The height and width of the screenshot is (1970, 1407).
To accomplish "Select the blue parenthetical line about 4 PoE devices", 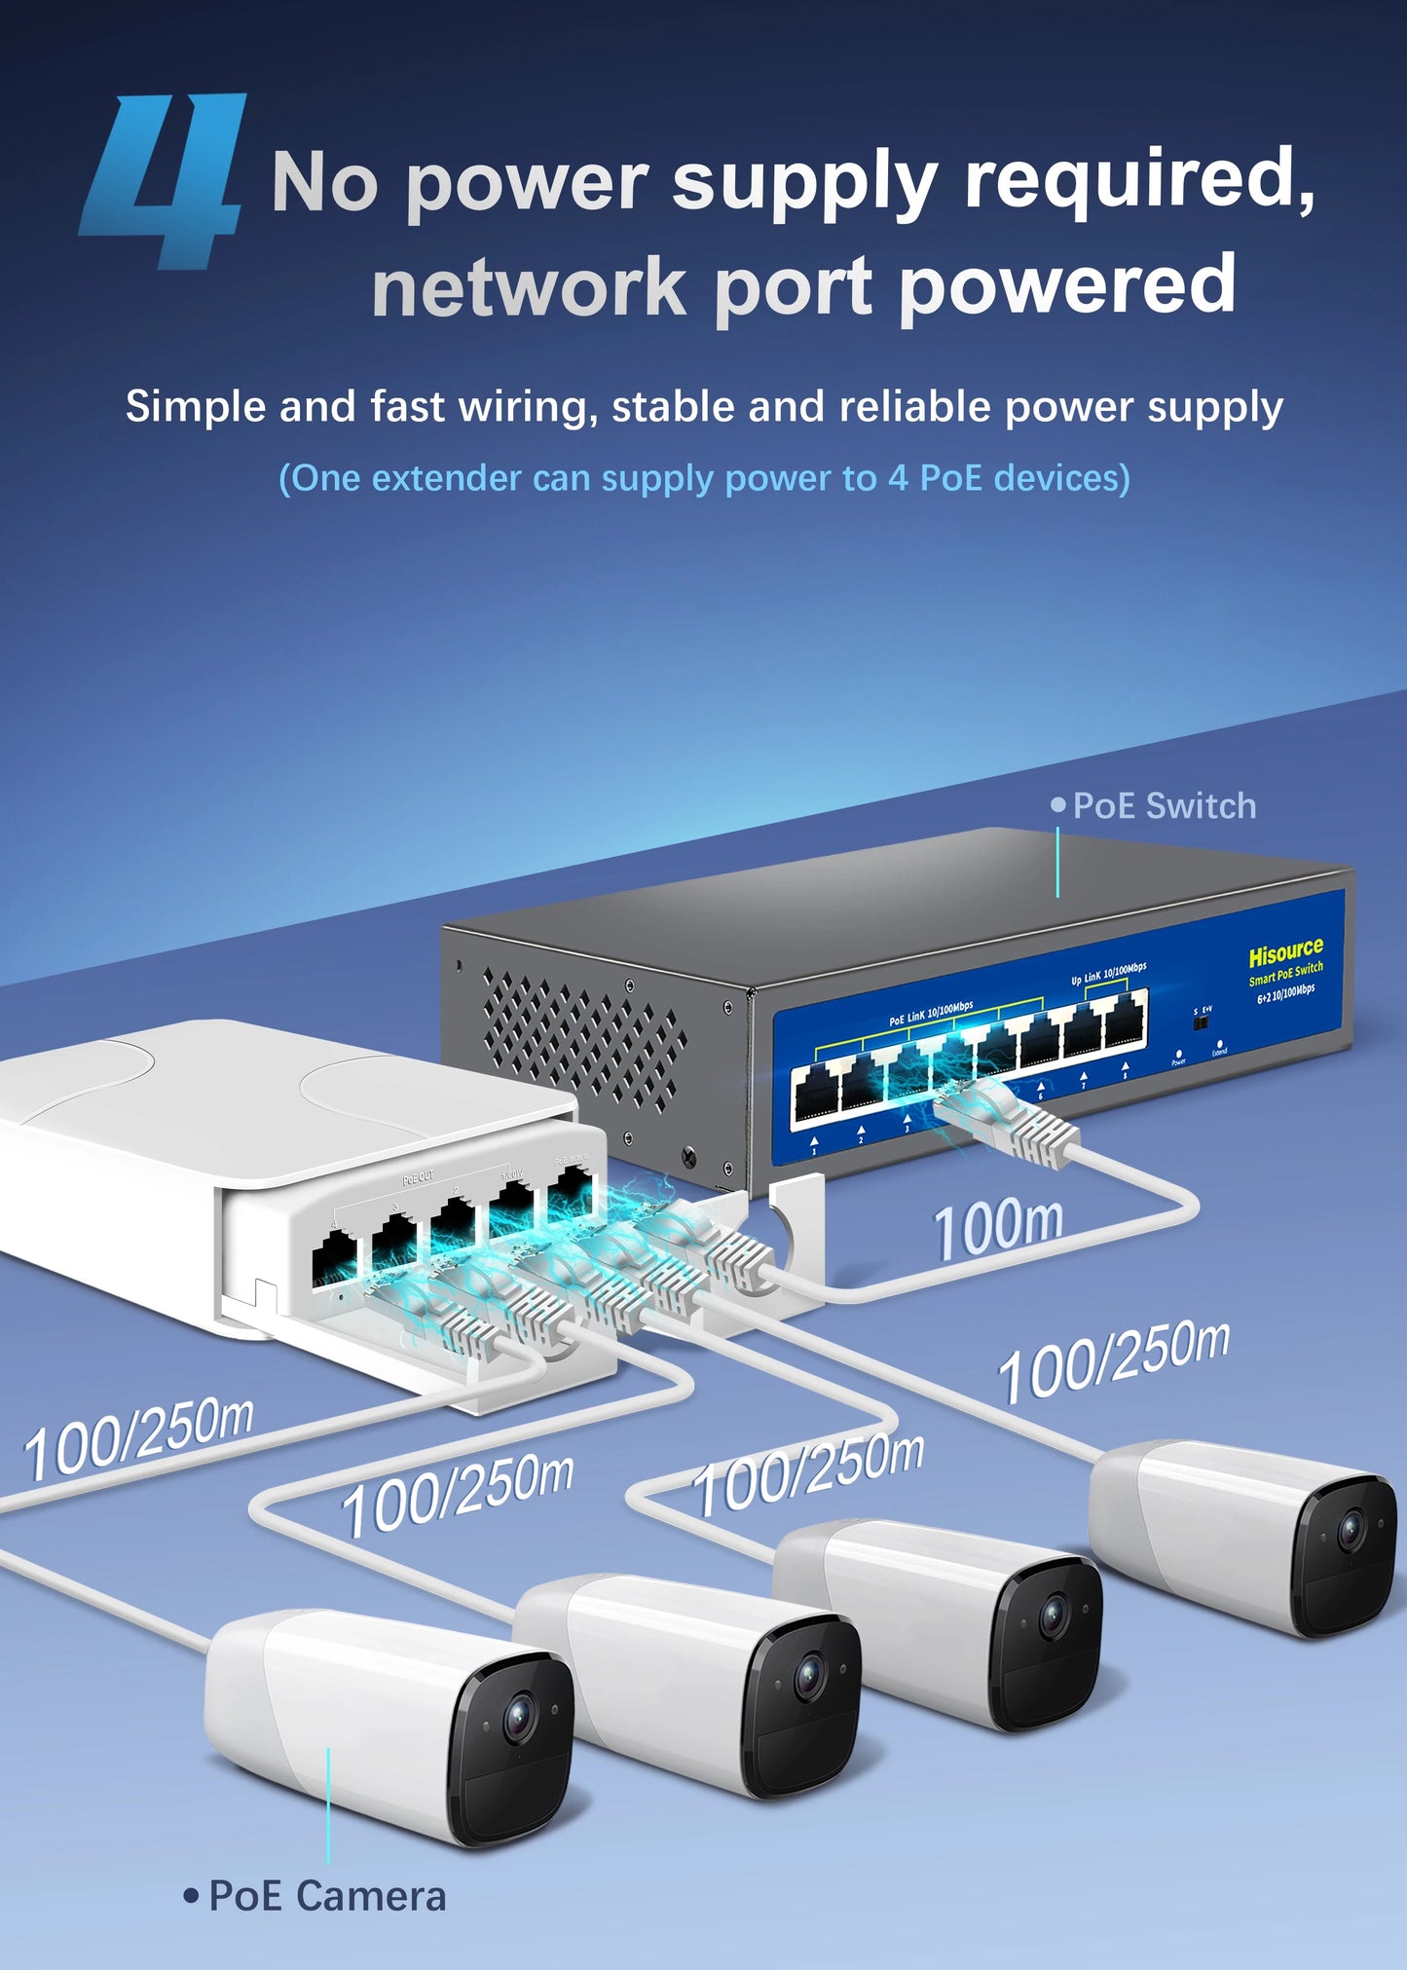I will [703, 478].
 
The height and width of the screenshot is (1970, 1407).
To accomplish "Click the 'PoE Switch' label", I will [1163, 806].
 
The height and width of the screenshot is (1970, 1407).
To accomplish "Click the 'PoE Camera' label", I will [326, 1896].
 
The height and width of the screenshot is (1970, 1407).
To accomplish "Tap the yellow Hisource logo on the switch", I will [1285, 950].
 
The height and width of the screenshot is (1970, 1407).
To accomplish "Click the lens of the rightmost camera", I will [1351, 1530].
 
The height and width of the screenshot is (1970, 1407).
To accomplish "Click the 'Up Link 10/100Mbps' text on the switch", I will [1108, 973].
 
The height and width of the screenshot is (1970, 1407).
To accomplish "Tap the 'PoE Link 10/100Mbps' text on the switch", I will [930, 1013].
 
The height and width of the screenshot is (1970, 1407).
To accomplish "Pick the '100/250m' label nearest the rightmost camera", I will [1112, 1362].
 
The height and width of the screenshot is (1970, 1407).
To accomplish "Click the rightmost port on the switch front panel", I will [1126, 1024].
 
